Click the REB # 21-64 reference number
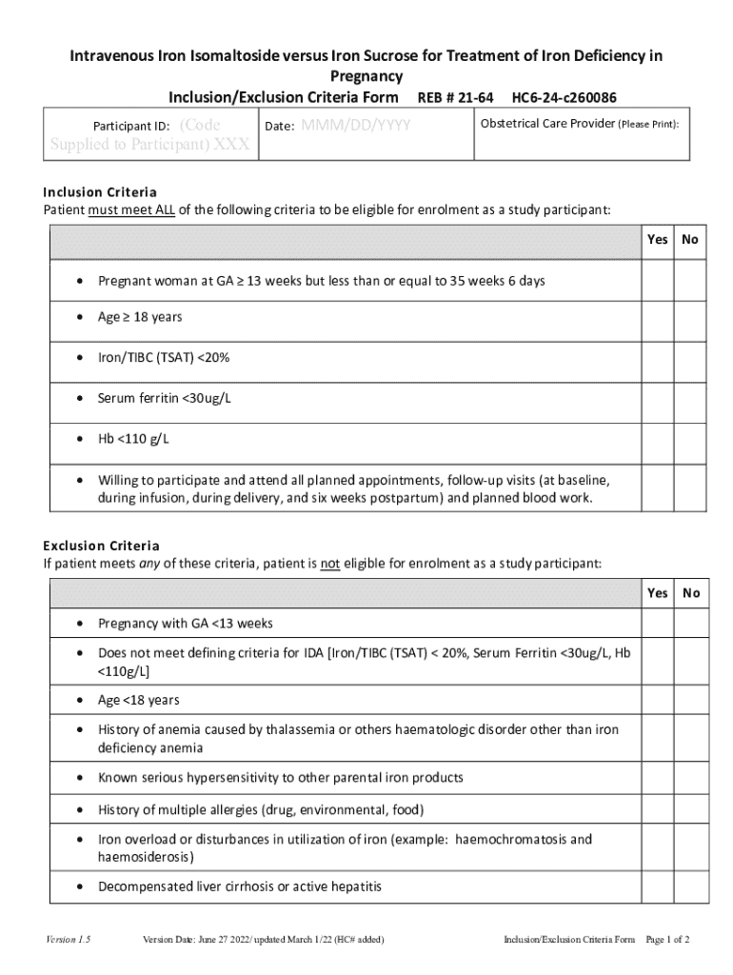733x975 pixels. click(455, 97)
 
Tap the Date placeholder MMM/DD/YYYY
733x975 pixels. click(355, 126)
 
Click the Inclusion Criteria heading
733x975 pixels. click(100, 192)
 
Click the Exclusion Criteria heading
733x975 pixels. click(101, 546)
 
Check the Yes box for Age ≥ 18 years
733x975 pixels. click(657, 317)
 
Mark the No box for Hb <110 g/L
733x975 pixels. click(690, 439)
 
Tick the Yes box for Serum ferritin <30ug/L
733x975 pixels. click(657, 398)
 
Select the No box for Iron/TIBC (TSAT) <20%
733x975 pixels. click(690, 358)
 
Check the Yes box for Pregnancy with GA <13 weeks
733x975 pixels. click(657, 624)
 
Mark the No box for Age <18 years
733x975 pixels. click(691, 700)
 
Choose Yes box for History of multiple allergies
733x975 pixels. click(657, 809)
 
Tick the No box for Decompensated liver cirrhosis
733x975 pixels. click(691, 886)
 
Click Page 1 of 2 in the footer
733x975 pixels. click(667, 941)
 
